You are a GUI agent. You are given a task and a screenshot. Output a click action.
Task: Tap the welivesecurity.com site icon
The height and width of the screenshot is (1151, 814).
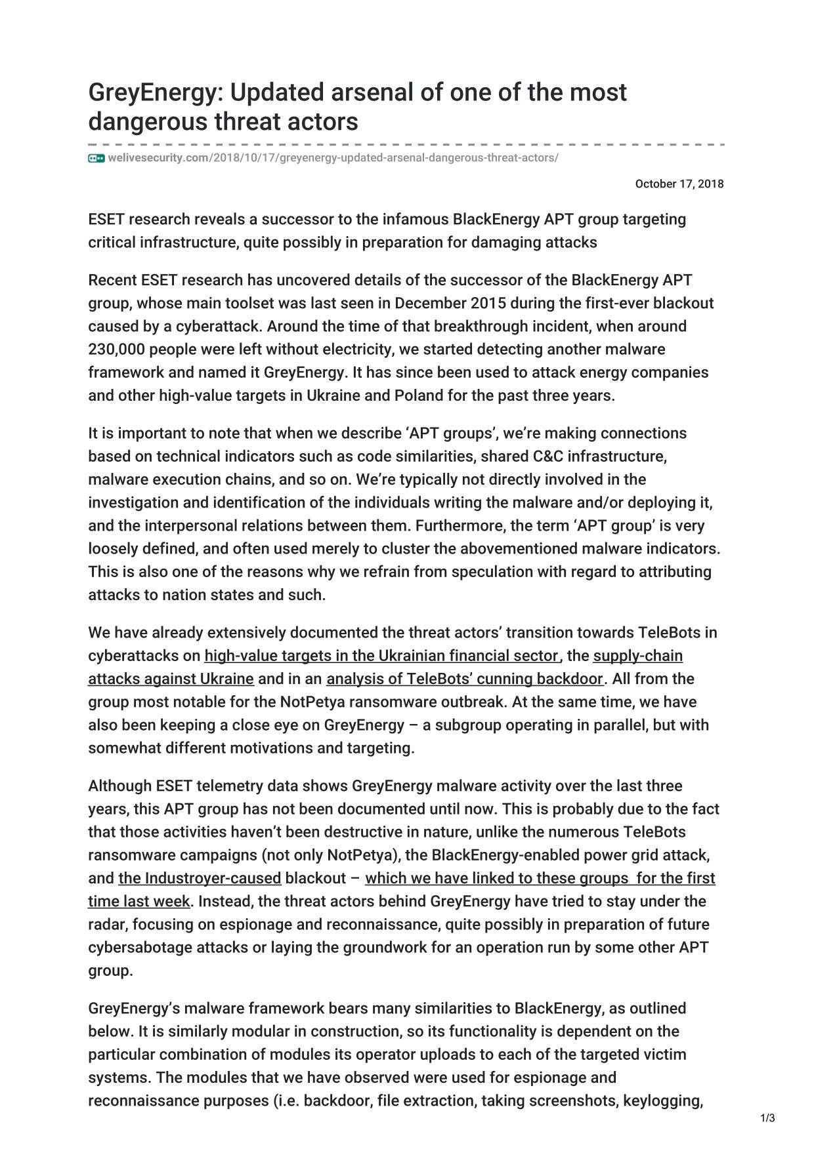click(96, 158)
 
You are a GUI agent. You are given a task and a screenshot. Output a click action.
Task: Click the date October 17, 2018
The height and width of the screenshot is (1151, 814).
click(679, 184)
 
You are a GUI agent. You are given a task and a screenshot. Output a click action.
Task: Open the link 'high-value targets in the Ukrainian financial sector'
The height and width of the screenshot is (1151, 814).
click(381, 656)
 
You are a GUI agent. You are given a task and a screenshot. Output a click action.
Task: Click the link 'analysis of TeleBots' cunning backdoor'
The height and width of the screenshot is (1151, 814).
click(464, 679)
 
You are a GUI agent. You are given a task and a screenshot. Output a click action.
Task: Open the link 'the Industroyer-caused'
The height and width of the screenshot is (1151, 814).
click(200, 878)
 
